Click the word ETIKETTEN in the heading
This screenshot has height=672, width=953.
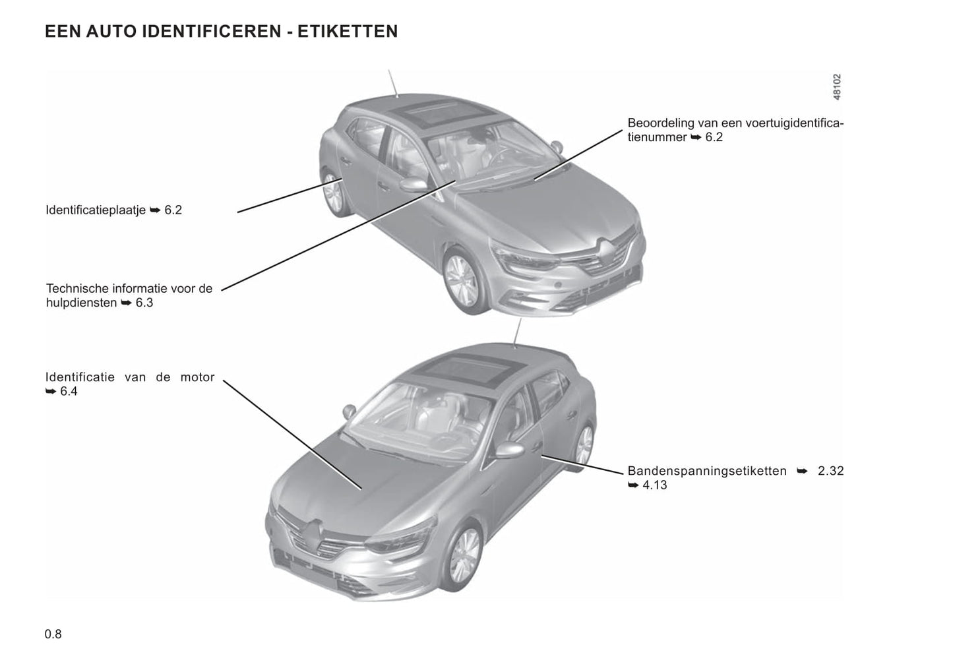coord(348,32)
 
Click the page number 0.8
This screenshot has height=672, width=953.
coord(53,634)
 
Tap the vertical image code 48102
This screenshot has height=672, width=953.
coord(836,87)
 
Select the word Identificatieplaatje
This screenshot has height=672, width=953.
coord(96,210)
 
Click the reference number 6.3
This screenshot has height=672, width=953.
coord(144,303)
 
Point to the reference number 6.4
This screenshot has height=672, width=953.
coord(69,392)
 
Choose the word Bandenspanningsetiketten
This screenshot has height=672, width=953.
coord(707,472)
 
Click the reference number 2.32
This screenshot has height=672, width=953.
coord(830,472)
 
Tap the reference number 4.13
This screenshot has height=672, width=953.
coord(654,485)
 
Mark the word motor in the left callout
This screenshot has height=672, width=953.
coord(197,378)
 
